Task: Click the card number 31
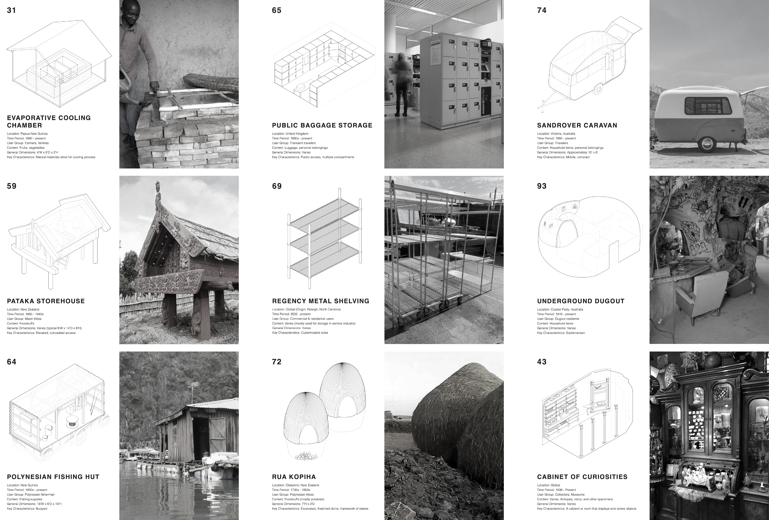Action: tap(11, 10)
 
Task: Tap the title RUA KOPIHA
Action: tap(294, 477)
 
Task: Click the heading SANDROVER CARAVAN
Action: tap(577, 125)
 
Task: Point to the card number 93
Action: tap(542, 186)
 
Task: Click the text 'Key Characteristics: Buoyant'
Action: tap(27, 508)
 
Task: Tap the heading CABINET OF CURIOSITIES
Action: tap(582, 477)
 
